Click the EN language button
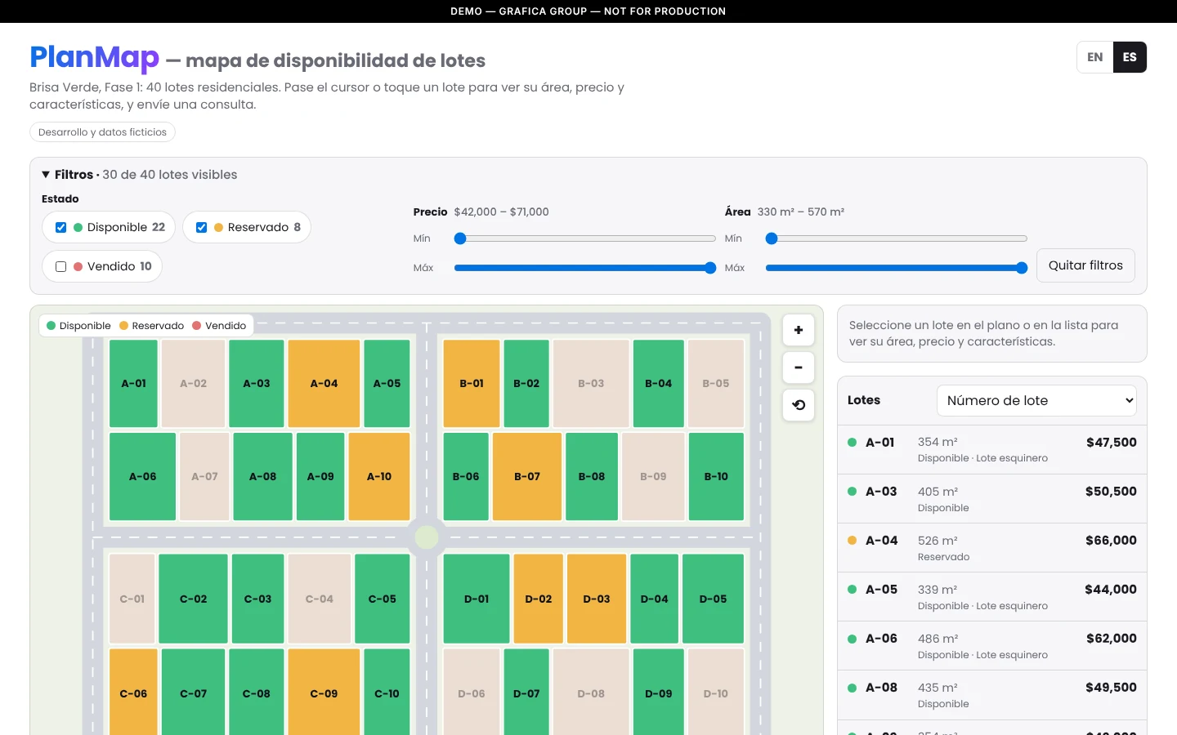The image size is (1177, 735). (x=1095, y=57)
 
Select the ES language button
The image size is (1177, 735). (x=1130, y=57)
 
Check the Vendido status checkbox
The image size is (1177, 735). (x=61, y=267)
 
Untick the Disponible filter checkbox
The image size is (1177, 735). (x=61, y=227)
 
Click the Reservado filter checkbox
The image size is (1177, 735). (x=201, y=227)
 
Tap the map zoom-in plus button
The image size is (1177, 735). (x=798, y=330)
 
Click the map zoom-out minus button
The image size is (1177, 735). (x=798, y=367)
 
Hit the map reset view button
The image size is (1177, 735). (x=798, y=405)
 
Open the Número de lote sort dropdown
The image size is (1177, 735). (x=1036, y=400)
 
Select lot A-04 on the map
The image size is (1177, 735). (x=324, y=383)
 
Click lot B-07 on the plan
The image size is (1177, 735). (x=527, y=476)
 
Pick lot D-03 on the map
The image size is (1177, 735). (x=597, y=599)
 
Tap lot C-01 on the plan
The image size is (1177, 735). (x=132, y=599)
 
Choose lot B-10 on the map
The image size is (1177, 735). (x=716, y=476)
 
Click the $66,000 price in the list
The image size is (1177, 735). (x=1111, y=541)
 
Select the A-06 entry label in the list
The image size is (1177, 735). (x=881, y=639)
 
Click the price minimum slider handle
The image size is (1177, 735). (x=460, y=238)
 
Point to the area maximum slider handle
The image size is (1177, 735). (x=1021, y=268)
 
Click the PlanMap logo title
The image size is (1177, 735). (x=95, y=57)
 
